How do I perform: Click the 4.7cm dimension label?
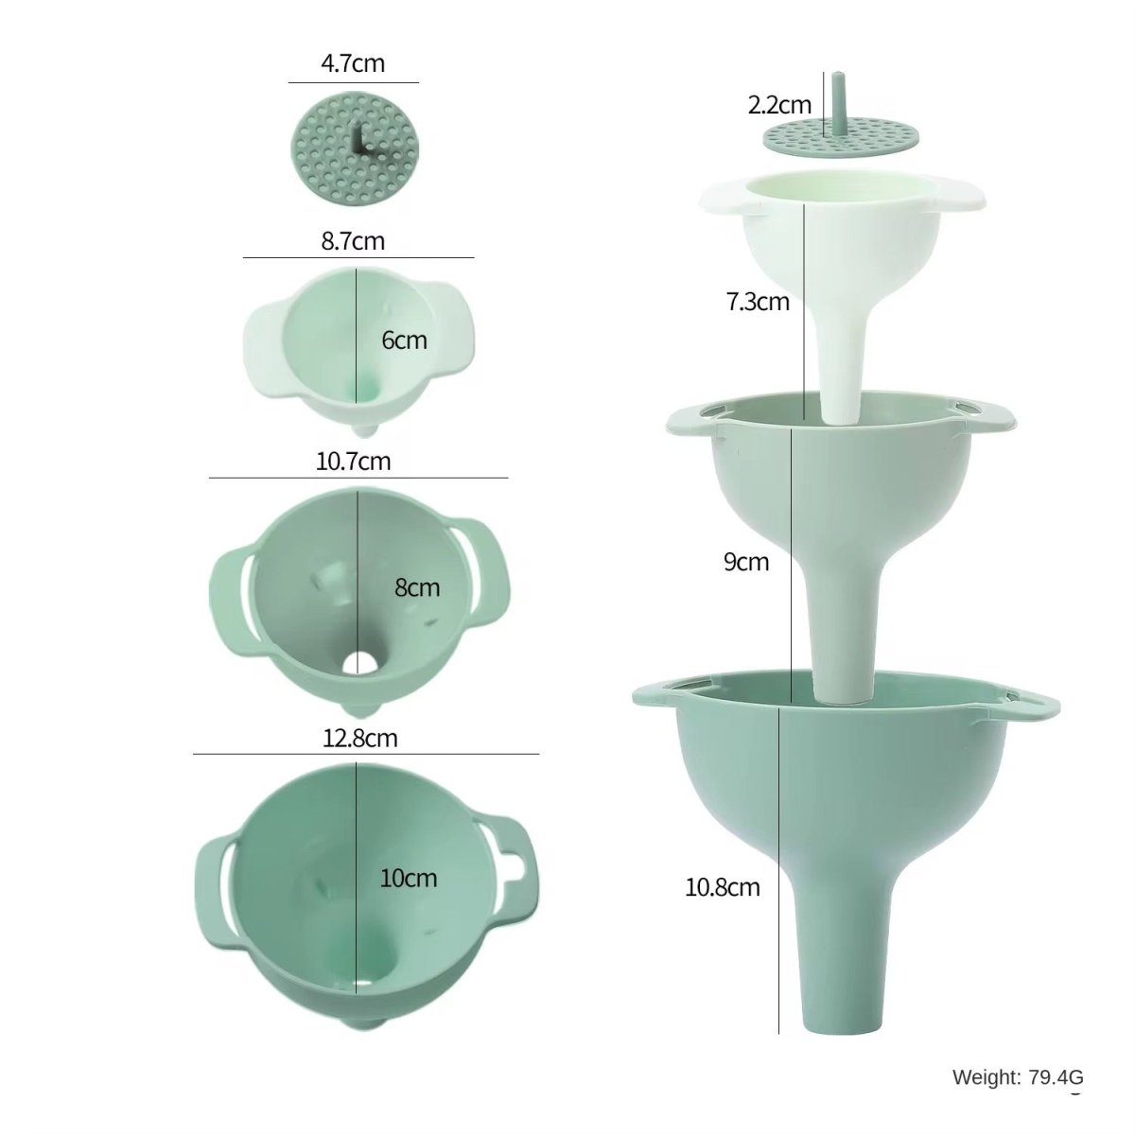click(x=353, y=64)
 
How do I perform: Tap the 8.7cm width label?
click(x=353, y=241)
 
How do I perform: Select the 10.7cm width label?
click(x=353, y=462)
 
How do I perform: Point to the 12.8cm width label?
click(x=359, y=738)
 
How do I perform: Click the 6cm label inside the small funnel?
click(x=404, y=340)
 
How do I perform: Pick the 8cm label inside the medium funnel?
click(x=417, y=587)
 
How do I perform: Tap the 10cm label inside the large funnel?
click(x=409, y=878)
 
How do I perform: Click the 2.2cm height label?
click(x=779, y=105)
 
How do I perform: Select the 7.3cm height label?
click(x=757, y=303)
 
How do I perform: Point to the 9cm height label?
click(x=746, y=562)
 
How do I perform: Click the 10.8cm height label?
click(x=723, y=887)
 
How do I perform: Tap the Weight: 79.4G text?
click(x=1017, y=1077)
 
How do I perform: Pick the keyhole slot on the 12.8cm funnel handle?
click(x=515, y=863)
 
